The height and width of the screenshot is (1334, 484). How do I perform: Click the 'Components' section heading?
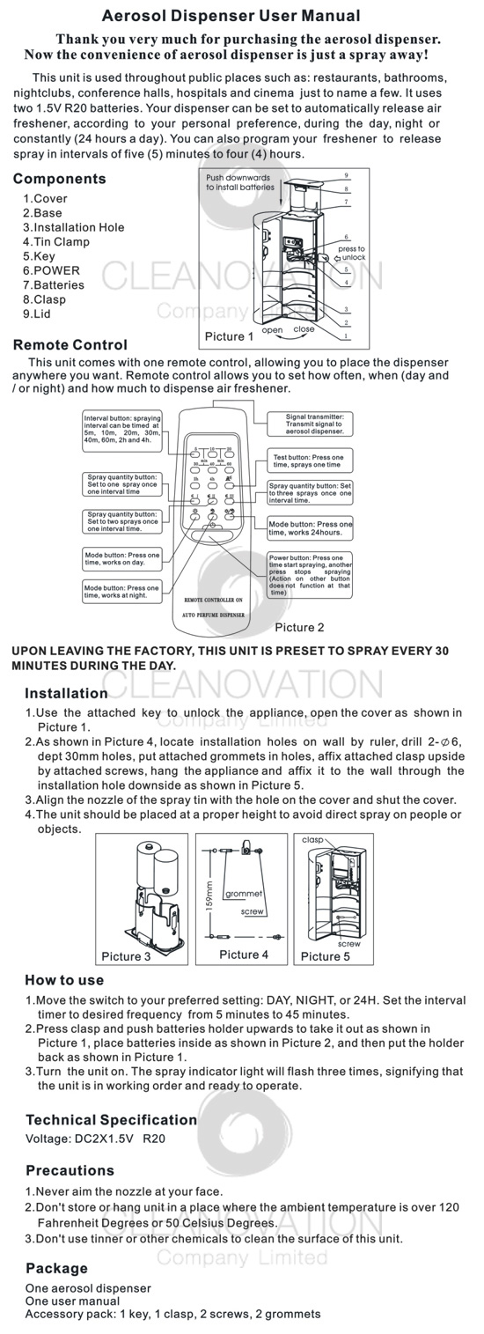click(59, 179)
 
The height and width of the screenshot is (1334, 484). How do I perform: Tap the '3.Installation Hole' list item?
click(73, 227)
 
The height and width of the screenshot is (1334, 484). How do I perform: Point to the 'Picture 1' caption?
click(229, 336)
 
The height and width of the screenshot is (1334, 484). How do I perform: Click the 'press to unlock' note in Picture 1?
click(350, 253)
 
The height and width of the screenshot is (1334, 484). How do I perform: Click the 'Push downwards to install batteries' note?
click(239, 182)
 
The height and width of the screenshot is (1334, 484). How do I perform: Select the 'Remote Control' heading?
click(70, 345)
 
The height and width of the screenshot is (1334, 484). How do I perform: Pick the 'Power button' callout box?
click(309, 575)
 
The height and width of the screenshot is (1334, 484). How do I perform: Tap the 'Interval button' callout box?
click(122, 432)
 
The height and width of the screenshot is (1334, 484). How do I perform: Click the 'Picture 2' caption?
click(299, 628)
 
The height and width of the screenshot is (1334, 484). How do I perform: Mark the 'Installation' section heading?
click(66, 693)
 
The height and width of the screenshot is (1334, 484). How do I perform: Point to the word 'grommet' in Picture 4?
click(244, 894)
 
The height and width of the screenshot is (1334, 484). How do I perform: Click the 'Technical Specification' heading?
click(111, 1120)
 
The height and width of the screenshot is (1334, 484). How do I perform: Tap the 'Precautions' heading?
click(70, 1170)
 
